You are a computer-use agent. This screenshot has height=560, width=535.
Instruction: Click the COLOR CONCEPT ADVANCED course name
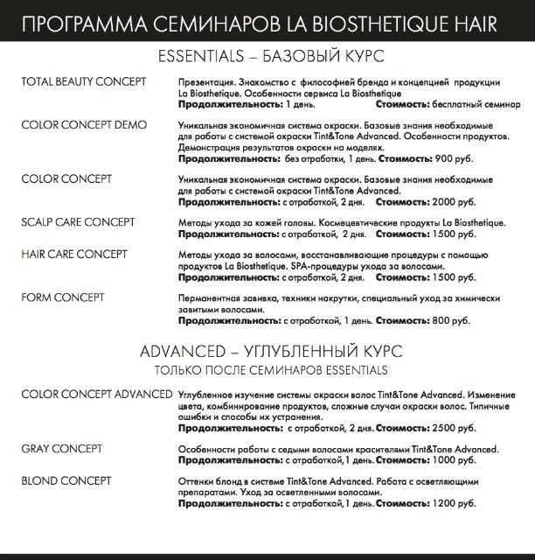click(x=96, y=395)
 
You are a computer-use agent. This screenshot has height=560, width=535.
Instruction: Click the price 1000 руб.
click(x=453, y=461)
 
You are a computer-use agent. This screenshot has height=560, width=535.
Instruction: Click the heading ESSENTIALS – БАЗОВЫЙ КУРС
click(x=267, y=57)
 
